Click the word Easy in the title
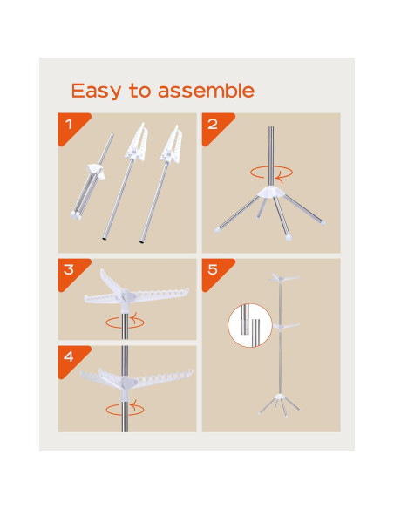click(x=96, y=91)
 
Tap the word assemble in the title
click(x=207, y=91)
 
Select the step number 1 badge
click(x=72, y=127)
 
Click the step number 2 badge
click(x=216, y=127)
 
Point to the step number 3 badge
click(x=72, y=273)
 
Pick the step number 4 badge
click(x=72, y=360)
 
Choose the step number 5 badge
click(x=216, y=273)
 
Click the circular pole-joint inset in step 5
click(x=250, y=325)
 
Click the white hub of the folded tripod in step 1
click(x=96, y=171)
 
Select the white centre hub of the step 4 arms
click(x=126, y=386)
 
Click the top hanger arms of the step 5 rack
click(x=282, y=279)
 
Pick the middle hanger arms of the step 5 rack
click(x=286, y=326)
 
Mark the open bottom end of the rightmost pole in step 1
click(x=142, y=241)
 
